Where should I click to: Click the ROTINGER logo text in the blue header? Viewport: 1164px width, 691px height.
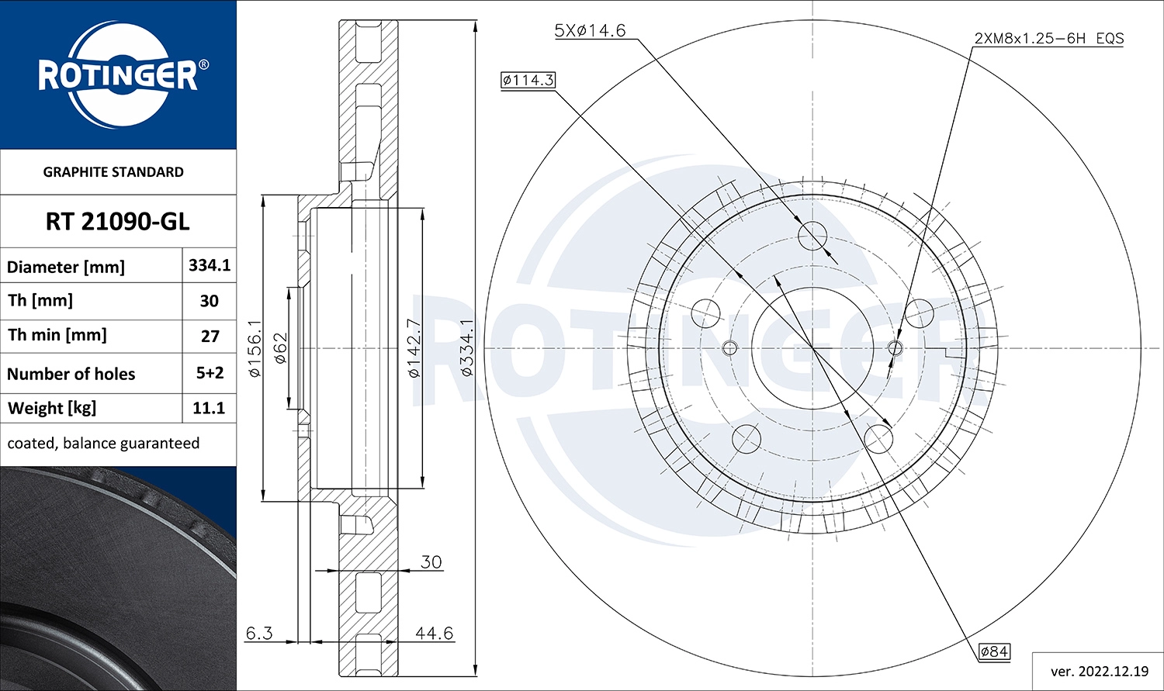click(x=118, y=76)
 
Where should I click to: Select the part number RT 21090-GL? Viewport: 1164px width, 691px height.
click(x=117, y=222)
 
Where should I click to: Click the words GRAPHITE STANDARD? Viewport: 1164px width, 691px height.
click(x=113, y=172)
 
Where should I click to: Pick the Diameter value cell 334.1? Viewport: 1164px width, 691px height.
click(x=209, y=265)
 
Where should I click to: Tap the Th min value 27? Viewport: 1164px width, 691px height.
click(x=210, y=337)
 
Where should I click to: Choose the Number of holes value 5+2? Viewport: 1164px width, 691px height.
click(x=210, y=373)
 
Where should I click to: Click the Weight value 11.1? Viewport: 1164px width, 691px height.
click(x=209, y=408)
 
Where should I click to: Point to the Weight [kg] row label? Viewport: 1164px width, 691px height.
click(x=52, y=409)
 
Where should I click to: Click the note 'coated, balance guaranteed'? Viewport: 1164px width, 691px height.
click(x=103, y=444)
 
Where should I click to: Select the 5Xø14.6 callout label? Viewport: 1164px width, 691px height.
click(x=591, y=30)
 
